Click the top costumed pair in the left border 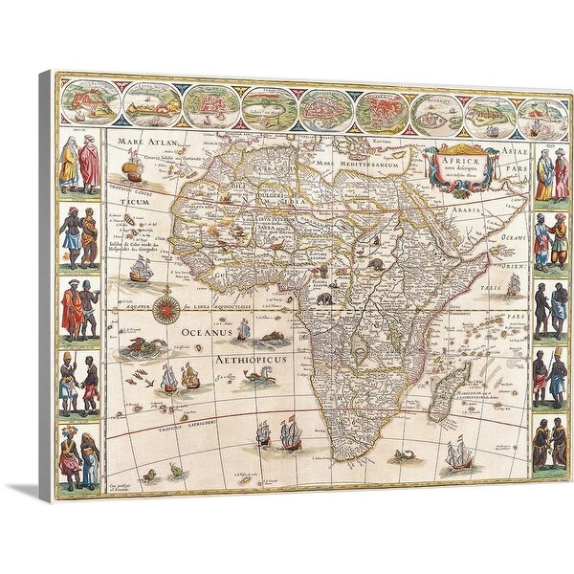point(79,164)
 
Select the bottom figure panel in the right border point(549,442)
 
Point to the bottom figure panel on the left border point(79,453)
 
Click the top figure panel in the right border point(550,173)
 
